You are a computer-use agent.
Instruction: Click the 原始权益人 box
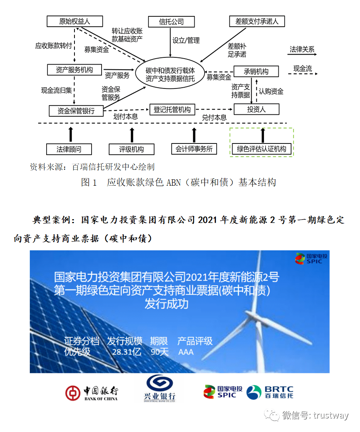click(75, 22)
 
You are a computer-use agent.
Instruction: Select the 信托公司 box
click(171, 22)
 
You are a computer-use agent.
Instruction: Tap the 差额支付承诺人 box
click(257, 22)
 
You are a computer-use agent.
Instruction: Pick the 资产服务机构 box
click(75, 70)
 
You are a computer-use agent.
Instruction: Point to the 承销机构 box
click(256, 71)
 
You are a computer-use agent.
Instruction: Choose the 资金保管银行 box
click(76, 110)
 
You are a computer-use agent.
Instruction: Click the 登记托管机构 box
click(172, 109)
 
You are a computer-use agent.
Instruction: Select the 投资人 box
click(256, 109)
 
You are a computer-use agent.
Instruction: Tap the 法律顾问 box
click(69, 149)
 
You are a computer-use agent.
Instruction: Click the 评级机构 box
click(131, 149)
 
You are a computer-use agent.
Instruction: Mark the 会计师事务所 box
click(194, 149)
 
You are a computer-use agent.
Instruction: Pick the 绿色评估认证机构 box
click(262, 149)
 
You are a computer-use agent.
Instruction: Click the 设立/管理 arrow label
click(186, 40)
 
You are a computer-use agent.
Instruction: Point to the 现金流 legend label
click(303, 69)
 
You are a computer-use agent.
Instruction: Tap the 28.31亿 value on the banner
click(127, 352)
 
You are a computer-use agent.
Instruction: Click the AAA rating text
click(186, 352)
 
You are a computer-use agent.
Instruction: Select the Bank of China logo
click(92, 393)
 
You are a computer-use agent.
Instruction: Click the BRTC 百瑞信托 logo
click(270, 392)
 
